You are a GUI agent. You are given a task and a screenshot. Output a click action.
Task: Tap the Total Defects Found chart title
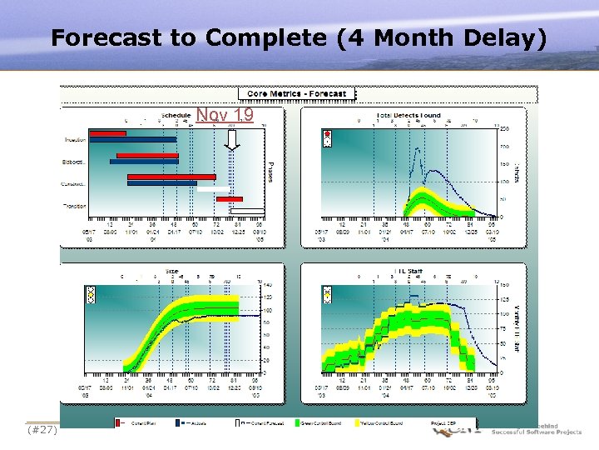[408, 115]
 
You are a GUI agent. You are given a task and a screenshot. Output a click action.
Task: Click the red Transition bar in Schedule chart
[230, 199]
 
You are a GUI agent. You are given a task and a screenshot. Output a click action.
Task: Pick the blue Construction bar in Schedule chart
[163, 182]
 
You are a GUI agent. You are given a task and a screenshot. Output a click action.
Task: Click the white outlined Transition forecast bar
[247, 209]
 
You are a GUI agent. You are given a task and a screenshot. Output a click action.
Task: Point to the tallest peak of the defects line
[421, 151]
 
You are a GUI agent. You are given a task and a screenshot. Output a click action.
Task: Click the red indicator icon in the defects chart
[327, 134]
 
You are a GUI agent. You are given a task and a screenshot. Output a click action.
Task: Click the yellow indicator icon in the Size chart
[89, 293]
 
